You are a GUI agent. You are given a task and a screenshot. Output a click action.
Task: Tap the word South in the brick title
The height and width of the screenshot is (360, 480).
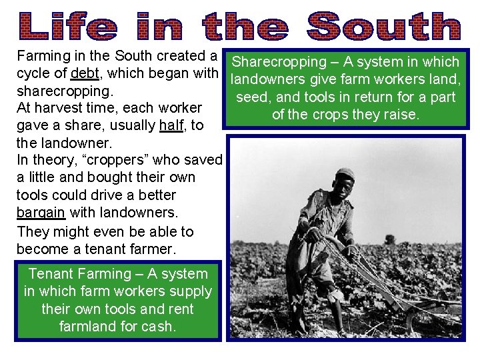[x=384, y=27]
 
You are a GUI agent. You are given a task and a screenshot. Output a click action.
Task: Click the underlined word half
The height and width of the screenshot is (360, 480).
[x=171, y=125]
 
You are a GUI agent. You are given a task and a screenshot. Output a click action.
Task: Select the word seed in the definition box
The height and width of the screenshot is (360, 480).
[x=251, y=97]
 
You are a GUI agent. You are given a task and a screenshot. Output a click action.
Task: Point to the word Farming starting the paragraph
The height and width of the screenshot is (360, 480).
[x=45, y=56]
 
